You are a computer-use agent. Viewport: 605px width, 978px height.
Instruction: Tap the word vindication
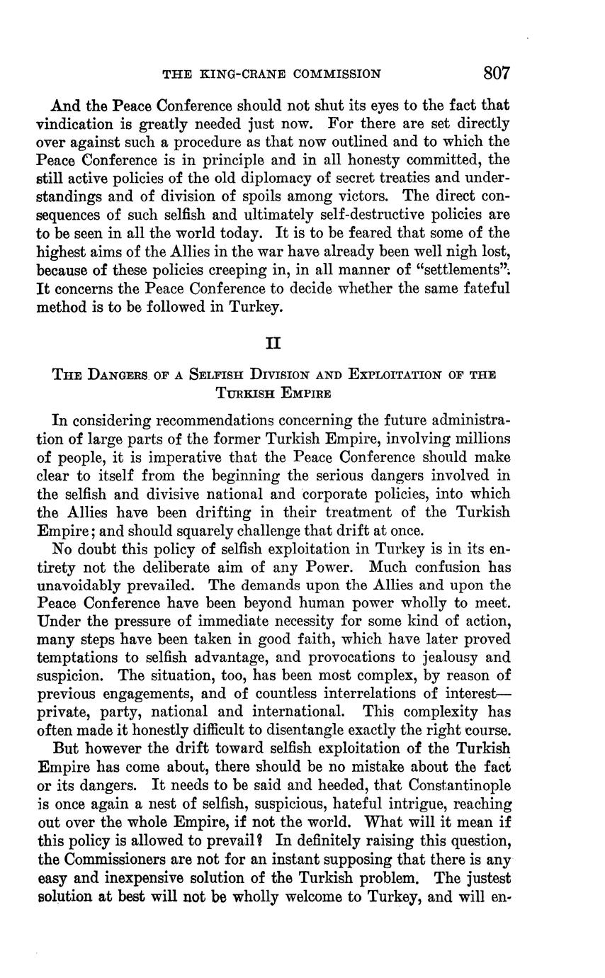[x=73, y=124]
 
